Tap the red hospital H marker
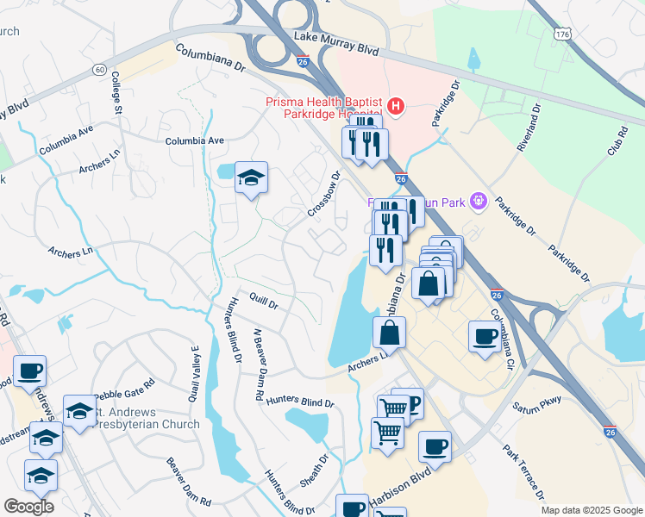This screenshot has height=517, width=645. click(396, 107)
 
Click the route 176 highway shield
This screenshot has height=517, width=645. click(562, 33)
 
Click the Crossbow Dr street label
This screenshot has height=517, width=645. click(324, 194)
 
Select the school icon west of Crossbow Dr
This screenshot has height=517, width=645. click(251, 178)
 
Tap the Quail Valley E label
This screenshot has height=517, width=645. click(195, 373)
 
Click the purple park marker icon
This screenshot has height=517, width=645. click(479, 203)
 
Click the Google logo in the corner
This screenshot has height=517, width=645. click(28, 507)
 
